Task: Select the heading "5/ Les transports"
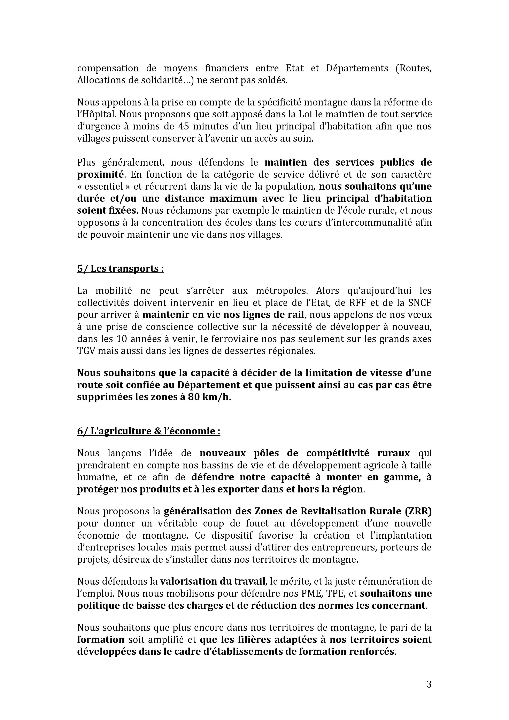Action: (x=120, y=269)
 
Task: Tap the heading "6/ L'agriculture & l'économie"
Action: (x=148, y=431)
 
